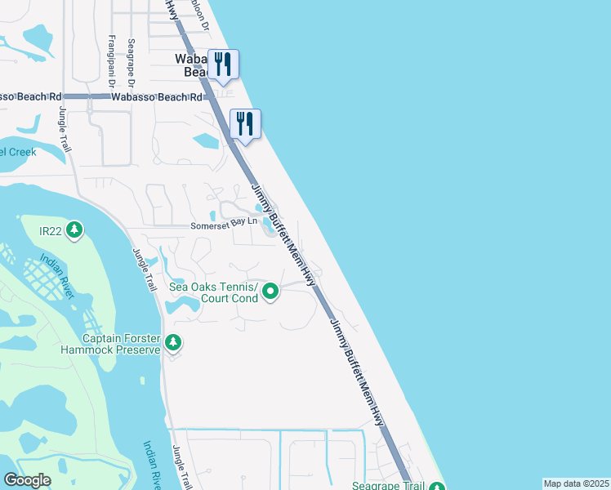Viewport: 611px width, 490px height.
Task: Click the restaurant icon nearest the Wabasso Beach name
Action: click(223, 64)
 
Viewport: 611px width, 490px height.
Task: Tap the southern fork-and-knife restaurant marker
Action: click(245, 123)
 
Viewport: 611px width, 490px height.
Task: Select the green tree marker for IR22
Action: click(74, 231)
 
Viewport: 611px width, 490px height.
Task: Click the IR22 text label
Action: click(51, 231)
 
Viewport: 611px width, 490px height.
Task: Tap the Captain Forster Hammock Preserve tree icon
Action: click(172, 342)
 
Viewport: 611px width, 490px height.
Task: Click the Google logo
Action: click(28, 480)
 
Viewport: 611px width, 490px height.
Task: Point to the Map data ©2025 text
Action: click(576, 483)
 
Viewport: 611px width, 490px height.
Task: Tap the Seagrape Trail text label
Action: click(388, 485)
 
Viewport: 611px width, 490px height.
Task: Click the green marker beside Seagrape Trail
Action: click(436, 485)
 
